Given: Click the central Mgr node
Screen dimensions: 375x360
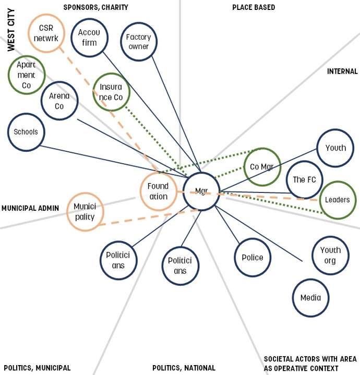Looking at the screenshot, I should (201, 191).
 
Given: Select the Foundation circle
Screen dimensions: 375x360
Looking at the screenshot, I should (159, 191).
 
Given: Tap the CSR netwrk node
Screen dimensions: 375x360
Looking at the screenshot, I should (46, 33).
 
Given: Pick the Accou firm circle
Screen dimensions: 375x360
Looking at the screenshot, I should (89, 38).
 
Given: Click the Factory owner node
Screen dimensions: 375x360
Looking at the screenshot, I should (138, 42).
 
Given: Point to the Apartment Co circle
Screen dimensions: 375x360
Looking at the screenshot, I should (27, 75).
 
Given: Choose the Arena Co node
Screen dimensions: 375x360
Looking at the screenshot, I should (59, 101).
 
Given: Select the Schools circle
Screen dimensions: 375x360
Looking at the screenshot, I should (26, 132).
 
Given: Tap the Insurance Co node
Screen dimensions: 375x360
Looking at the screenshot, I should (111, 92).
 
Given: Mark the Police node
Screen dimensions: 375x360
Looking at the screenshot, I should (253, 258).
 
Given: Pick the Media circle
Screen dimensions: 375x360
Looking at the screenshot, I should (310, 298).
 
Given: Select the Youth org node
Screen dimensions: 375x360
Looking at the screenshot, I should (330, 255).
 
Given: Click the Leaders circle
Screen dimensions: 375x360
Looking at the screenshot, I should (337, 200).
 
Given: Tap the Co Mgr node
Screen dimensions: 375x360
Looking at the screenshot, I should (262, 167).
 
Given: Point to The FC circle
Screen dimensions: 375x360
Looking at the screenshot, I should (304, 180).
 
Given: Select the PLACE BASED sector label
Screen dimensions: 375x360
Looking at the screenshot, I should (254, 7).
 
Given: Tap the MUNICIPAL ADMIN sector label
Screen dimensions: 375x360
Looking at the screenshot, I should (30, 208).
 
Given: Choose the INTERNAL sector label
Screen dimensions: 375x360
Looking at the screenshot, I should (342, 71).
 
